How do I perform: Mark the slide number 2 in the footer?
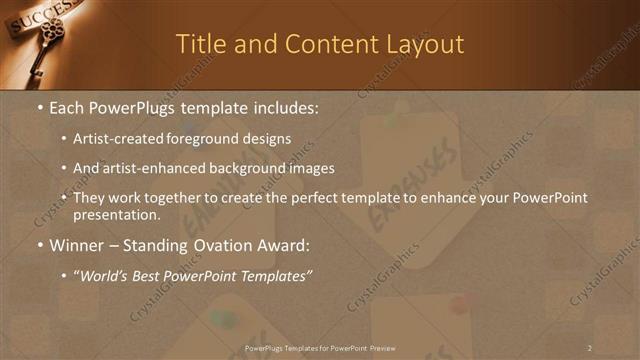pos(590,348)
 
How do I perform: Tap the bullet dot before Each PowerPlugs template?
pos(38,107)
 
